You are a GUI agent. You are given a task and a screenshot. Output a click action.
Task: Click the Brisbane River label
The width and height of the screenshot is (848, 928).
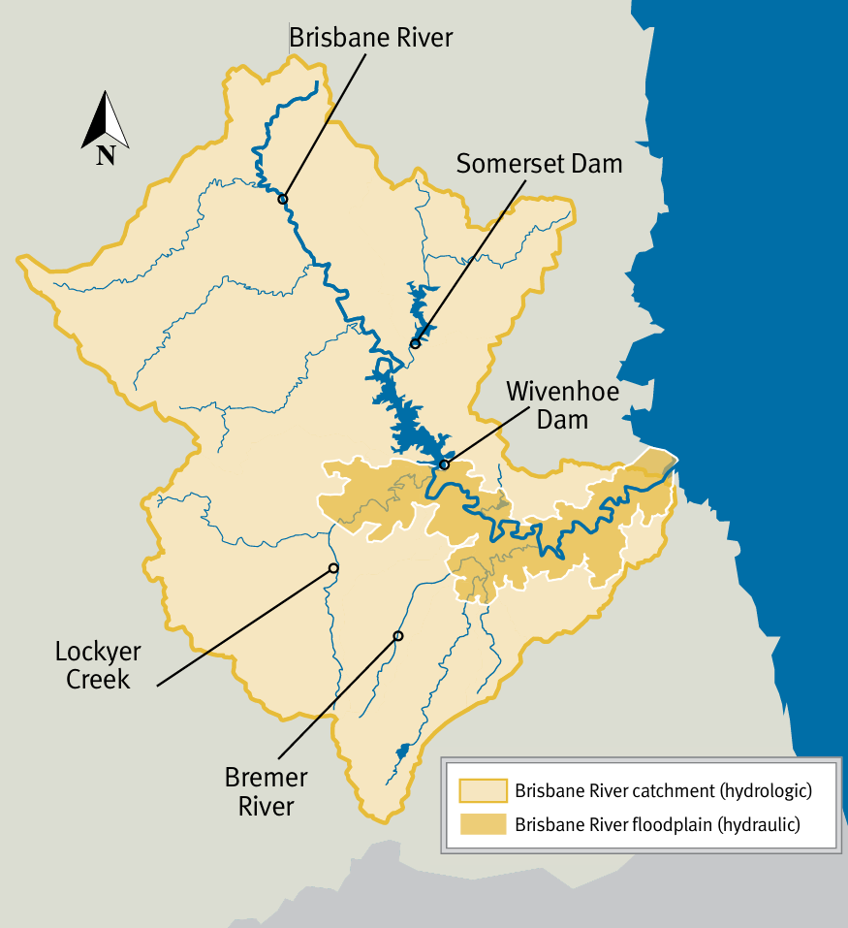point(371,38)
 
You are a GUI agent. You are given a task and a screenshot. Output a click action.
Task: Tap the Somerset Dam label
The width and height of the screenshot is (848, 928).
point(539,163)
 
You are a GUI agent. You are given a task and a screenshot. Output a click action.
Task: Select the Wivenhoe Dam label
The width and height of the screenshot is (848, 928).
point(562,405)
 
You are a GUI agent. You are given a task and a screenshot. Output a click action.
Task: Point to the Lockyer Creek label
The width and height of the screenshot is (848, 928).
point(98,665)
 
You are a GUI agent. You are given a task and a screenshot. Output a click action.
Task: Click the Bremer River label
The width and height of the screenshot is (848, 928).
point(266,791)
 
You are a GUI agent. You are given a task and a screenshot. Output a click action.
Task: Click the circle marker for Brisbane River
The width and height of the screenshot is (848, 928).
point(283,199)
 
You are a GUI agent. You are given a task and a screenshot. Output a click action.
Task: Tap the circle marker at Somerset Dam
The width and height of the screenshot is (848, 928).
point(415,343)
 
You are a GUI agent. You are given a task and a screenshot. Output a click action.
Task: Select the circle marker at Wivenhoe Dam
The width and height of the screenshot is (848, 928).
point(445,464)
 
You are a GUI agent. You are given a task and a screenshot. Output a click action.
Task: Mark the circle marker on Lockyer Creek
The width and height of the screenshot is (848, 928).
point(333,567)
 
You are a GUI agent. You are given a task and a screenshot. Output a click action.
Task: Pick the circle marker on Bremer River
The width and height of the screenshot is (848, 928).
point(397,636)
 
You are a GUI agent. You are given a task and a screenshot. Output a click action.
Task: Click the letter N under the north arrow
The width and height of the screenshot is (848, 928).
point(106,155)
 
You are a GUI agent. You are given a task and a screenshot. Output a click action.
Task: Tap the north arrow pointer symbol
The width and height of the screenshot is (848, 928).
point(105,119)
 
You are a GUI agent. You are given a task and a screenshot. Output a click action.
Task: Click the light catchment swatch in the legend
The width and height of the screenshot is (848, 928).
point(483,791)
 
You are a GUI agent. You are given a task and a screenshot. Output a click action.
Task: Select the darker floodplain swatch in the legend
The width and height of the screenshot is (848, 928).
point(483,825)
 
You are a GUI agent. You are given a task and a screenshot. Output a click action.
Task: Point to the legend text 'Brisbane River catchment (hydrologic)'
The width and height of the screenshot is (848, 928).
point(663,790)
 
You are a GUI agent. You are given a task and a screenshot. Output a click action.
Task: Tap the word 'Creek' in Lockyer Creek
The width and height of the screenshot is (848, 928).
point(98,679)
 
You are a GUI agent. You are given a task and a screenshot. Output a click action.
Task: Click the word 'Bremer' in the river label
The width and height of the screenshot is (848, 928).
point(266,778)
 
